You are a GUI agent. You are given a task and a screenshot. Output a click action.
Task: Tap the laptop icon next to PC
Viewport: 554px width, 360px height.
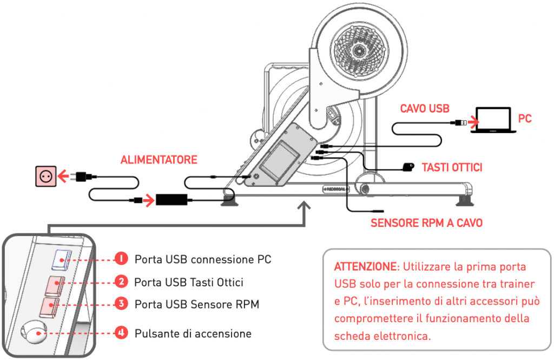492,120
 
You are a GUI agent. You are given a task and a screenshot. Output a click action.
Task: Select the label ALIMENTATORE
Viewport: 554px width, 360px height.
159,160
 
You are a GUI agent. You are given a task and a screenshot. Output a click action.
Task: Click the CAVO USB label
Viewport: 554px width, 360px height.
425,109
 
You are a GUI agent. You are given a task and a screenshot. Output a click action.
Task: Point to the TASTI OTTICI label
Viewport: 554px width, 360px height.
452,168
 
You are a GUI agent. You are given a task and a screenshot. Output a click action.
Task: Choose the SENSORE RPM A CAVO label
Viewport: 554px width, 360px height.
426,223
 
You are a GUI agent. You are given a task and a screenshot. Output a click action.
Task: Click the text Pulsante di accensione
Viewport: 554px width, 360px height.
193,333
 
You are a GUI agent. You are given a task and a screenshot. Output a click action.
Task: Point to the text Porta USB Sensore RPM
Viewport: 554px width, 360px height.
197,305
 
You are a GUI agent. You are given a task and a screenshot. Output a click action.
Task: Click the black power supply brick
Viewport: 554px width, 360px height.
172,199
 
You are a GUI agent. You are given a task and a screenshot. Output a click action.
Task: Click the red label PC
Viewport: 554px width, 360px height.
525,118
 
